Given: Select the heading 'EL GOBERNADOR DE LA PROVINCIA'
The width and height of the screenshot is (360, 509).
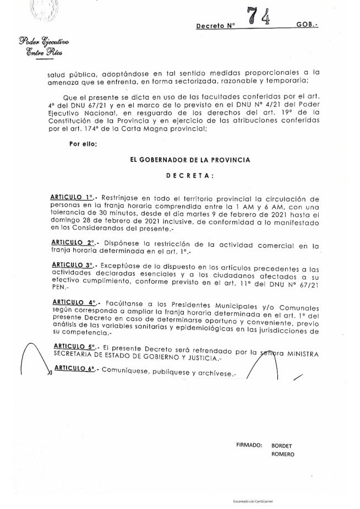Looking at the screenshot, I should click(x=189, y=160).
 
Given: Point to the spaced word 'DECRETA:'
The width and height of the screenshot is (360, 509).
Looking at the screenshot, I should click(x=190, y=176).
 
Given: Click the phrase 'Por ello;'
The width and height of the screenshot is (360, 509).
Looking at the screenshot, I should click(x=83, y=144).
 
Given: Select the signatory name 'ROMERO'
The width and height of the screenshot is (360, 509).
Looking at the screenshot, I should click(x=282, y=454).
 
